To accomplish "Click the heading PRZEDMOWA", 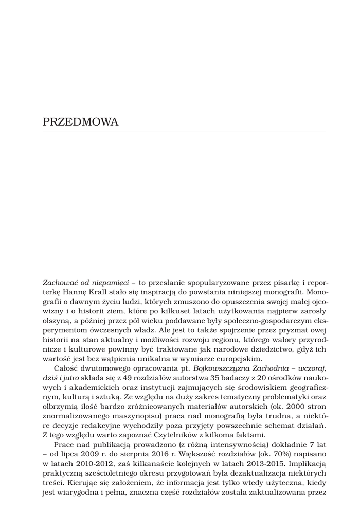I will [x=81, y=122].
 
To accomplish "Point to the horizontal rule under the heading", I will [x=184, y=131].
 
